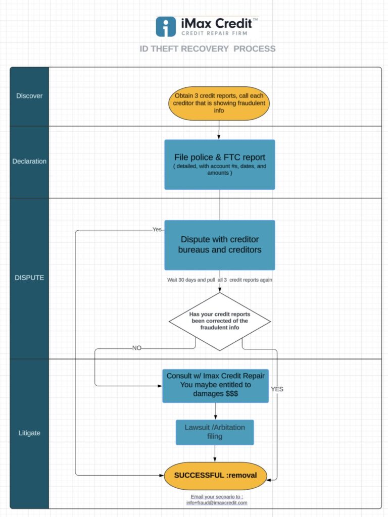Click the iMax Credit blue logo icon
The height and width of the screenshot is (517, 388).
pos(166,27)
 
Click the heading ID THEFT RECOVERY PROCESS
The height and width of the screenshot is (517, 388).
pos(208,49)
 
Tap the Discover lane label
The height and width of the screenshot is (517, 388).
pos(29,96)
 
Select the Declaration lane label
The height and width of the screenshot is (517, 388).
pos(29,161)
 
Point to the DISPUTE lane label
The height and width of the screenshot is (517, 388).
pos(29,278)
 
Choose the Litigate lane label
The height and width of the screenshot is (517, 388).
pos(29,433)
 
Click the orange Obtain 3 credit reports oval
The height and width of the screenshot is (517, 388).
pos(219,104)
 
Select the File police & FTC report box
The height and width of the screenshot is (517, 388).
pos(220,165)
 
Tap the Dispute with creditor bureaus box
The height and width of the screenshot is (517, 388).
pos(220,245)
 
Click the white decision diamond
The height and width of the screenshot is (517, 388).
pos(220,322)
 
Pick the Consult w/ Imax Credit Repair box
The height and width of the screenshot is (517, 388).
pos(215,386)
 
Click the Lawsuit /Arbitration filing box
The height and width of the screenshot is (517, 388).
pos(215,432)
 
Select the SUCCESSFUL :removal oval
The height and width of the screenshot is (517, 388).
pos(215,476)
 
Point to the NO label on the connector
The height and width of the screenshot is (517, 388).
pos(136,348)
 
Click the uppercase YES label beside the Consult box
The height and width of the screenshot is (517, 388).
pos(277,389)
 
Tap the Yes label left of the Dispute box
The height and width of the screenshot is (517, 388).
pos(157,230)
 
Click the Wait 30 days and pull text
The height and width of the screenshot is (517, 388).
pos(191,280)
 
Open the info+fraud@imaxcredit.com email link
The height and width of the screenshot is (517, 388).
pos(217,503)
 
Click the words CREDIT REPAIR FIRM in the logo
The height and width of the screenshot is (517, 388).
pos(214,33)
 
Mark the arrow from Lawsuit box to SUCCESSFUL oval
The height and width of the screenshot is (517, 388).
pos(215,454)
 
